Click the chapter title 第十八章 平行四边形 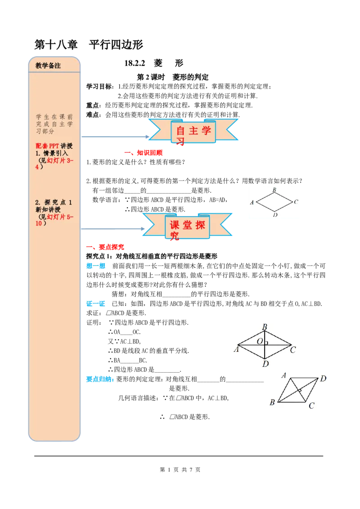(89, 45)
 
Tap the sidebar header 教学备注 (48, 66)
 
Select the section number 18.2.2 (135, 63)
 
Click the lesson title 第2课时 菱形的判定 (172, 77)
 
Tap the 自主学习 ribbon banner (193, 131)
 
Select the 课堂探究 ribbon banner (188, 226)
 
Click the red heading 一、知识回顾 (143, 153)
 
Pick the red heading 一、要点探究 (105, 247)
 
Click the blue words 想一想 (96, 266)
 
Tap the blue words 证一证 (96, 304)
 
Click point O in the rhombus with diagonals (260, 341)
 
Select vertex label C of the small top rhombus (296, 201)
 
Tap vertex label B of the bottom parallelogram (272, 402)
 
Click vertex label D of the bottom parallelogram (323, 379)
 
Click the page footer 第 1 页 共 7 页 (180, 469)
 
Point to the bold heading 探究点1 (99, 256)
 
